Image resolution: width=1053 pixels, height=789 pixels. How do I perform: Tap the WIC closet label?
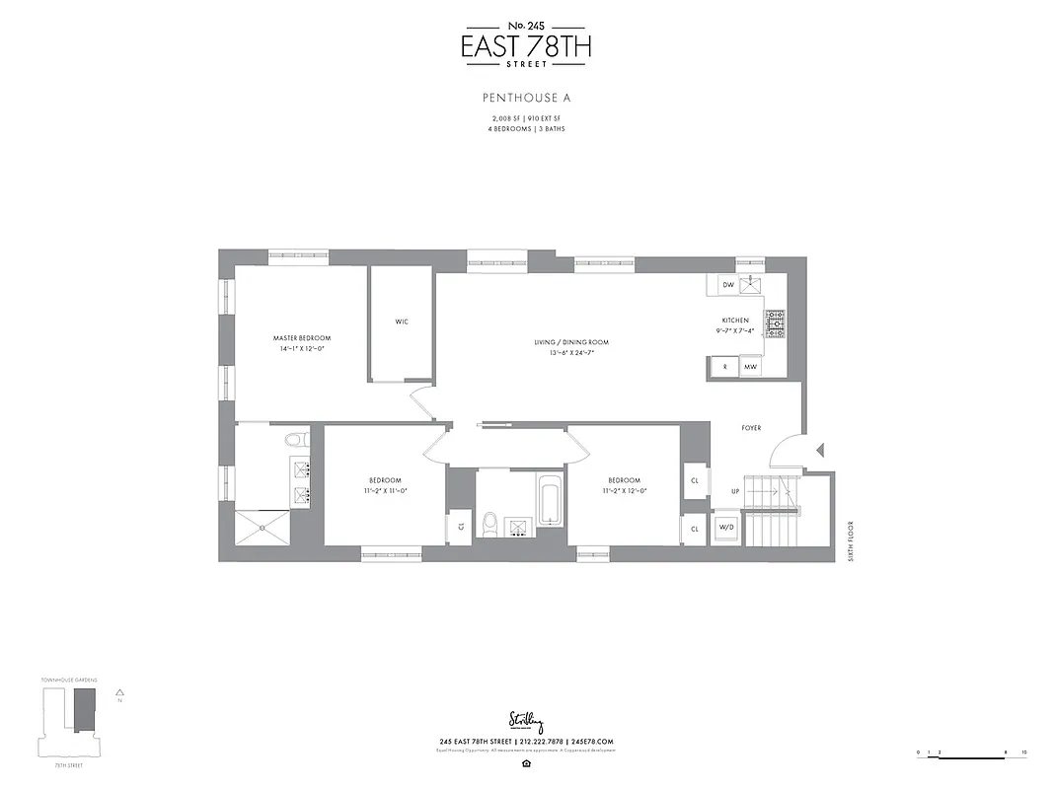coord(402,322)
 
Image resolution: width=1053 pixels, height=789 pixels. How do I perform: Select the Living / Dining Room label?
coord(571,342)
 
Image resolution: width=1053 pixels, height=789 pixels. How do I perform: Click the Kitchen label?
coord(735,321)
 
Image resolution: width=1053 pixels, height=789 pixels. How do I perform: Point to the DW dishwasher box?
coord(728,284)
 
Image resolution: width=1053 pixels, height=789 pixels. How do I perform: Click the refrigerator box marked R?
coord(724,367)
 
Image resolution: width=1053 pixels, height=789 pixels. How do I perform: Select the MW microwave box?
coord(750,367)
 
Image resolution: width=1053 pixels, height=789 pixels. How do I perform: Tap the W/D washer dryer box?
coord(726,528)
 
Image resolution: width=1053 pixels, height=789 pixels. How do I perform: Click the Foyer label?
coord(755,428)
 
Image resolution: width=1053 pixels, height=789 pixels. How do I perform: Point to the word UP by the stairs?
coord(734,490)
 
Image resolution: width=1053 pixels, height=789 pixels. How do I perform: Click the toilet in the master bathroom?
coord(295,440)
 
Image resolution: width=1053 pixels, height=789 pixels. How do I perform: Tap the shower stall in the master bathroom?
coord(263,527)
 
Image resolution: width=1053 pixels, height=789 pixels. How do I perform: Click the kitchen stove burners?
coord(776,323)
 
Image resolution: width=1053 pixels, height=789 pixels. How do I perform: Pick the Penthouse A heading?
coord(527,98)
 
